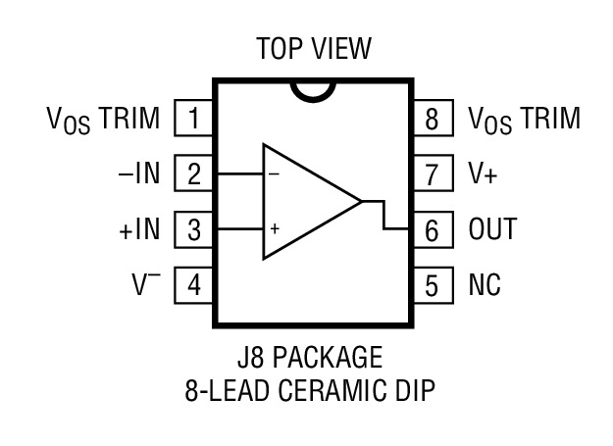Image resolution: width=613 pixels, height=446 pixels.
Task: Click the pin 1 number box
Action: click(x=194, y=120)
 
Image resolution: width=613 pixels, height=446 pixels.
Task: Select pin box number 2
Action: click(x=194, y=175)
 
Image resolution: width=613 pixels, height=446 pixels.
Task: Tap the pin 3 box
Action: click(x=194, y=231)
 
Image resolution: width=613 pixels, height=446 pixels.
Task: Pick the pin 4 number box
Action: click(x=194, y=286)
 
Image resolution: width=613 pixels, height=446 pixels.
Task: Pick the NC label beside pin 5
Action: click(x=485, y=286)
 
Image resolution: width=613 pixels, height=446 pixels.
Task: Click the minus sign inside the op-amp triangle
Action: click(x=274, y=173)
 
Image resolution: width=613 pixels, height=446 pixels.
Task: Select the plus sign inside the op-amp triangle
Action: click(x=275, y=228)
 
